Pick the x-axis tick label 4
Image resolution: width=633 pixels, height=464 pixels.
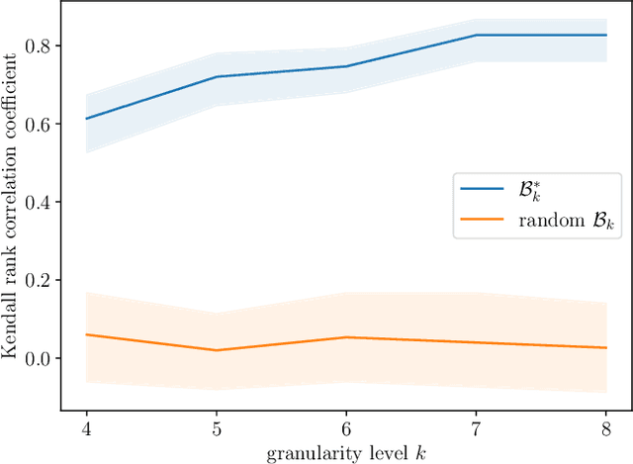click(x=86, y=425)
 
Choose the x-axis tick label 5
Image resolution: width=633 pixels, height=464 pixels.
click(x=216, y=425)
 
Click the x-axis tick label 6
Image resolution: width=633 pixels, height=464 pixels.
click(x=346, y=425)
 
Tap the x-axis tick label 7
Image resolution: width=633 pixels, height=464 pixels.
click(x=476, y=425)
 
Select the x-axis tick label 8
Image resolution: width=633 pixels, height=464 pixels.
click(x=605, y=425)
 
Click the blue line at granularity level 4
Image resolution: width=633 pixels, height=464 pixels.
click(x=86, y=119)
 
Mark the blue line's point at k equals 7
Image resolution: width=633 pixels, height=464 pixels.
click(x=476, y=35)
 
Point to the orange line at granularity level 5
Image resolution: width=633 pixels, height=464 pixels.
click(x=216, y=350)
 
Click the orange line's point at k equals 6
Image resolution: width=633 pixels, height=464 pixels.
click(x=346, y=337)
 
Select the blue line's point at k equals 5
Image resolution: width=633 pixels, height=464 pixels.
click(x=216, y=76)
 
